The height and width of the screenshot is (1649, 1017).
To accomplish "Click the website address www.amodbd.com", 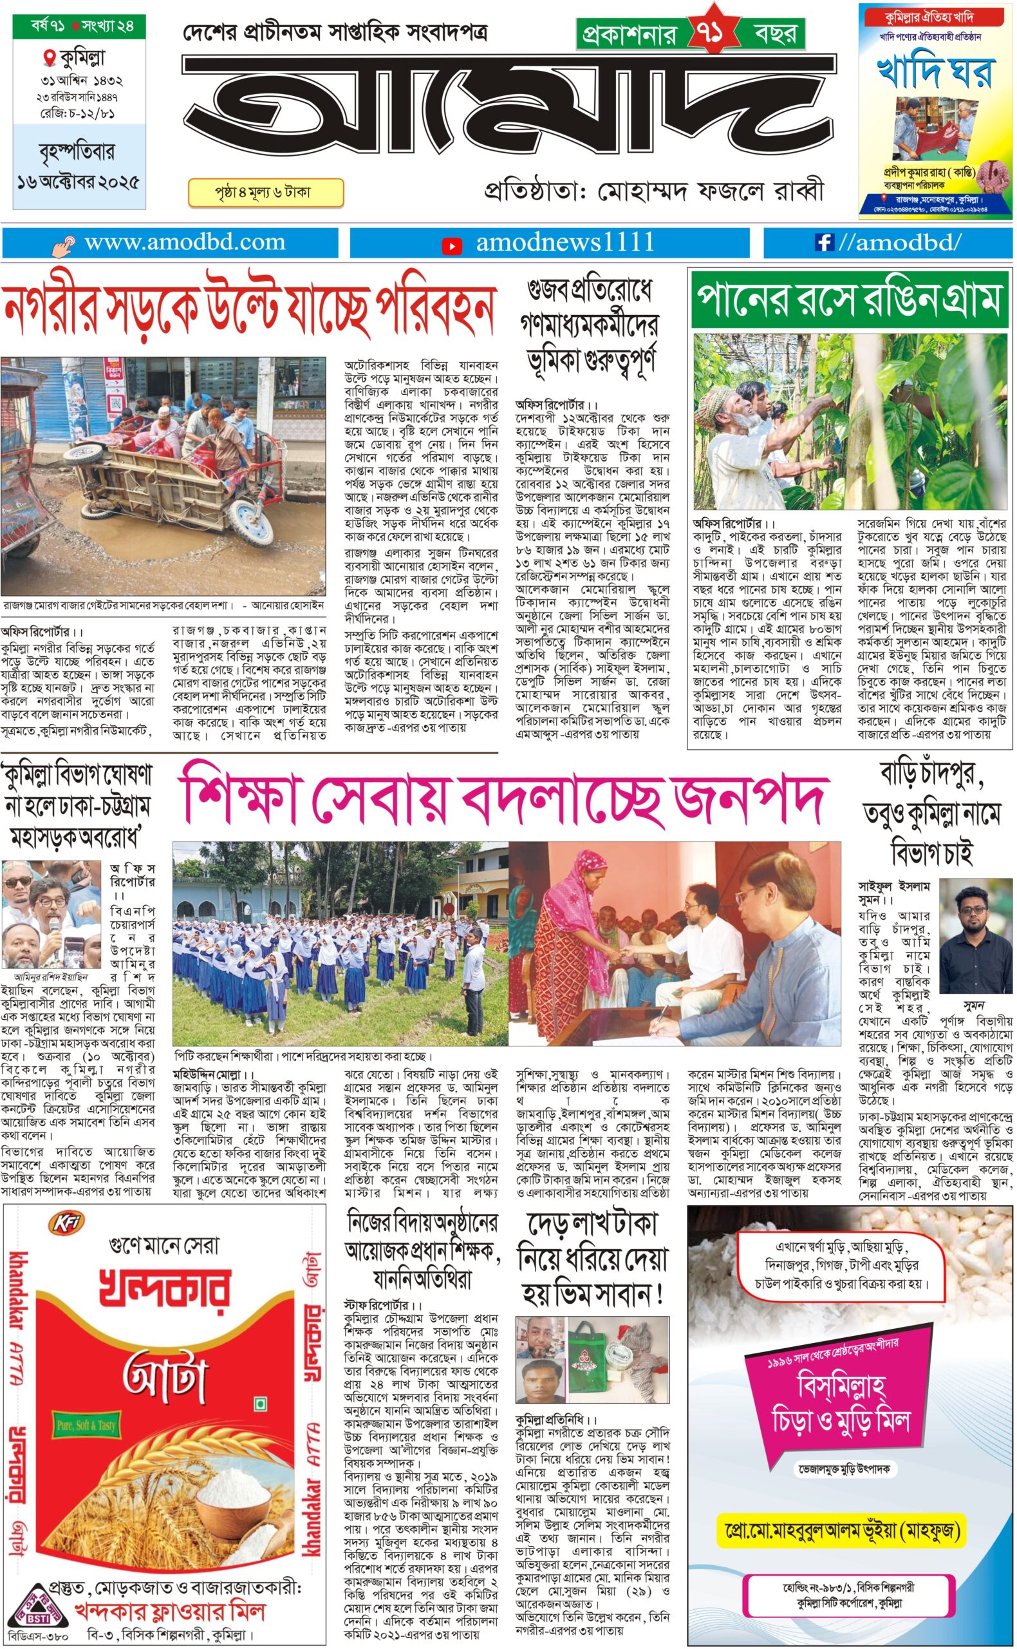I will pos(184,242).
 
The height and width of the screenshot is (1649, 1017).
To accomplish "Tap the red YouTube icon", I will pos(451,246).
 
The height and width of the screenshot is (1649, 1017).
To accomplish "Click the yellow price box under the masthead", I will pos(266,193).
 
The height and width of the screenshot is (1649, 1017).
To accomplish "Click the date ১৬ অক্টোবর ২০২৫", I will pos(79,182).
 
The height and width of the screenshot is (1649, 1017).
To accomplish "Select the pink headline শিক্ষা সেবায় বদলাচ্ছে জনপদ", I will pos(502,800).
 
